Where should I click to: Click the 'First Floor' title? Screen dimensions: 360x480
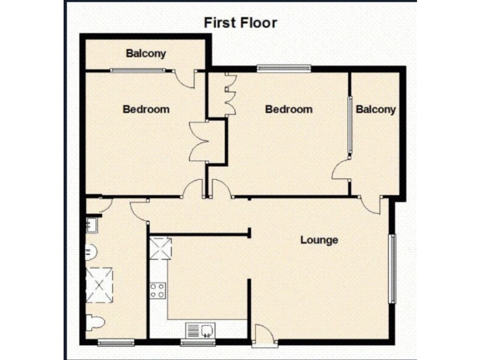240,23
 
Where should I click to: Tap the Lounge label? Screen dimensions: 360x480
319,240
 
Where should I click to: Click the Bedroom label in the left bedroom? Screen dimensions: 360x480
146,109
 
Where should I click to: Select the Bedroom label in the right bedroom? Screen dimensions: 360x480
289,109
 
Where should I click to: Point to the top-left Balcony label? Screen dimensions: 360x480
146,53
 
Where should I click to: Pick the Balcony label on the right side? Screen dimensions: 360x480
376,109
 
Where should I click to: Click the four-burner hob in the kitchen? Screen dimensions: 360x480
158,291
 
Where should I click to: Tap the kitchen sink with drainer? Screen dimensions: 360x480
200,329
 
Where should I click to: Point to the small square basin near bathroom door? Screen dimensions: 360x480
91,226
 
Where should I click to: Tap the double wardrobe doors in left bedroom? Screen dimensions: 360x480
199,142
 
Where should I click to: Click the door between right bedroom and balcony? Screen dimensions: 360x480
341,170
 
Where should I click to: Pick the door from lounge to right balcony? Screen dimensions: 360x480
371,205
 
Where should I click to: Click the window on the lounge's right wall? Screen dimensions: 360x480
392,268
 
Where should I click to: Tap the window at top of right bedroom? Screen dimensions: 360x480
284,68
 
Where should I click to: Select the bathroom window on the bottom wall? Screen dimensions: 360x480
116,343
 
